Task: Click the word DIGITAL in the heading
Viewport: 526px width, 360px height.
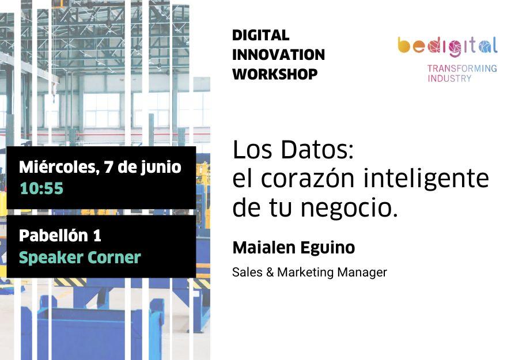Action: pos(260,35)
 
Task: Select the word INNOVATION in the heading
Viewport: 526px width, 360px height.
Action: pos(278,55)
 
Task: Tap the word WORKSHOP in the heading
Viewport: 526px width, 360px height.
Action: pos(275,74)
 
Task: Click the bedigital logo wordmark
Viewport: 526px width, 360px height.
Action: pos(448,46)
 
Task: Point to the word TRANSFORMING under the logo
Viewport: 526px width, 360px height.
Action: pos(462,69)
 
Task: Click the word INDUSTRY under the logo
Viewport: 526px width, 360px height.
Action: pos(449,78)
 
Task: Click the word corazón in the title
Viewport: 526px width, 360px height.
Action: pos(308,178)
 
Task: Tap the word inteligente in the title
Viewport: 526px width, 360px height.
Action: pos(426,179)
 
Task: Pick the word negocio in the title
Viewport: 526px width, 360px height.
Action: pos(349,208)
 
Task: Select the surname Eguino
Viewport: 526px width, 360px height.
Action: pos(327,248)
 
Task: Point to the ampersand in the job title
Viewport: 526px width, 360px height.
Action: pos(270,272)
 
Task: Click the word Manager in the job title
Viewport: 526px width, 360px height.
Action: pos(362,272)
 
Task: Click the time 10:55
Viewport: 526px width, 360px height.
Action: pos(41,188)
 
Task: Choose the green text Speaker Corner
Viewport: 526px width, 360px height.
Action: pos(80,257)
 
